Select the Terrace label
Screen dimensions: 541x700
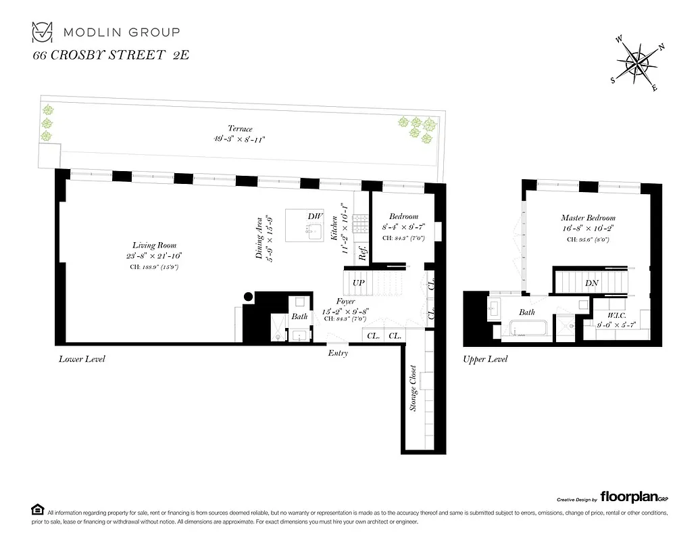pos(240,128)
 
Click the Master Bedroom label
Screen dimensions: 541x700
pos(588,218)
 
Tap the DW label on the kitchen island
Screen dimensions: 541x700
pos(314,216)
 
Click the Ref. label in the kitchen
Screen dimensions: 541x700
pos(363,253)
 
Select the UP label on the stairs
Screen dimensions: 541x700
pos(359,281)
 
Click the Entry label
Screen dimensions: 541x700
pos(338,354)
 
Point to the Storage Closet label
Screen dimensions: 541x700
pos(413,389)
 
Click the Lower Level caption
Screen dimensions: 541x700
pos(82,358)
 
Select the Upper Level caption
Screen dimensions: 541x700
pos(485,359)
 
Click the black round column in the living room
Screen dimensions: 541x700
pos(249,296)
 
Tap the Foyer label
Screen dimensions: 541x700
pos(347,302)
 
